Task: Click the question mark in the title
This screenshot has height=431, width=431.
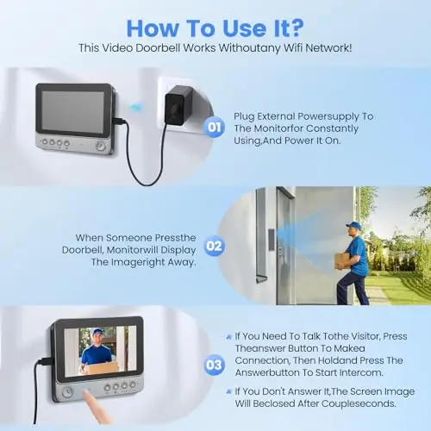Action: point(295,28)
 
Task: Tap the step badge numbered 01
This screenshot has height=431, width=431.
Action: point(214,127)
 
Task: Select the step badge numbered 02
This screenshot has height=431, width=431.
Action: point(214,246)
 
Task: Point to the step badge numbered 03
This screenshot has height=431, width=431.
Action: point(214,365)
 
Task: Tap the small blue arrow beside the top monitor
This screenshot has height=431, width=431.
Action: point(134,108)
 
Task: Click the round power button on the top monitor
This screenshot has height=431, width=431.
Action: point(101,147)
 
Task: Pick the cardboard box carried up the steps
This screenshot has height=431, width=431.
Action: point(343,260)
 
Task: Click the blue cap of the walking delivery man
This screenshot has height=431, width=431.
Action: point(354,226)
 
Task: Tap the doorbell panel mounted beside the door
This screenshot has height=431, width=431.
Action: point(272,240)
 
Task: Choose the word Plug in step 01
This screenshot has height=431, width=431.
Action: point(244,116)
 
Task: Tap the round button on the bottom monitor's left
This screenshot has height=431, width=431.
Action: point(67,392)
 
